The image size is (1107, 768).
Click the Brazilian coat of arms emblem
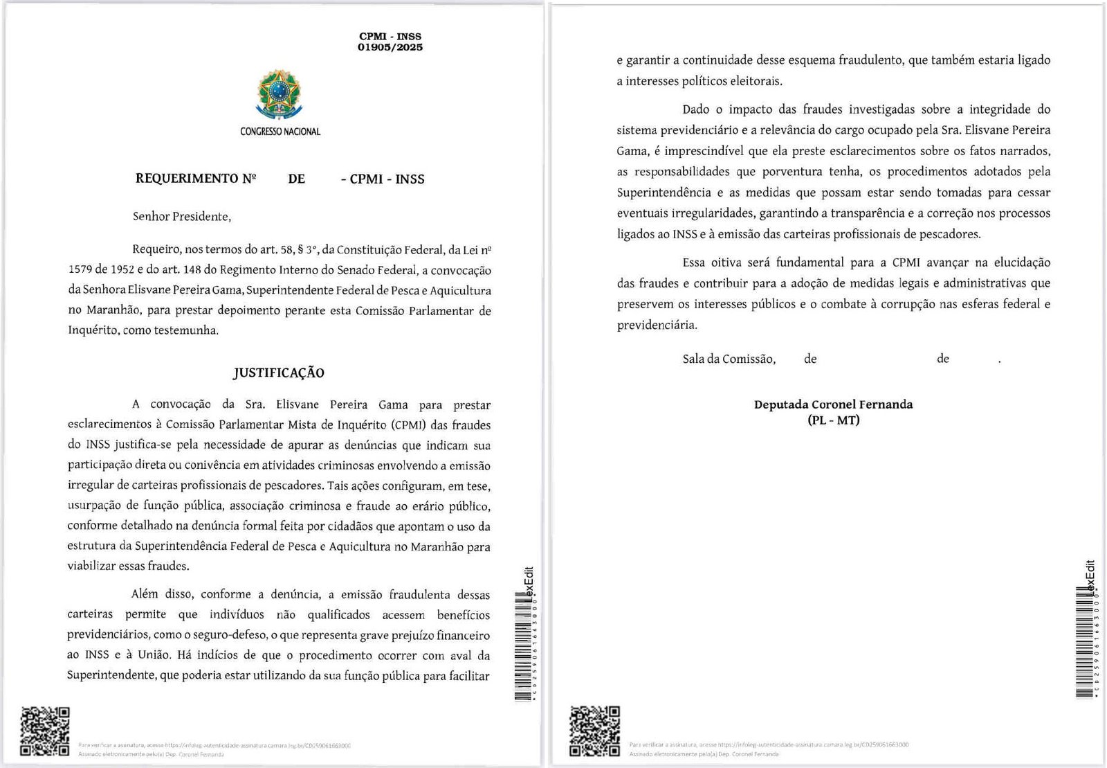(x=280, y=93)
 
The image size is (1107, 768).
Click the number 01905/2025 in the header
(x=390, y=48)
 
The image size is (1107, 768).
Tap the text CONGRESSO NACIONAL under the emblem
(x=280, y=132)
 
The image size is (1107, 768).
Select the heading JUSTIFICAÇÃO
(x=278, y=373)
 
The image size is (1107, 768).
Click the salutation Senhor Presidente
(x=181, y=217)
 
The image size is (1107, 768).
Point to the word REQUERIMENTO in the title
(x=187, y=179)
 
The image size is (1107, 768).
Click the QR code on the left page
(x=45, y=731)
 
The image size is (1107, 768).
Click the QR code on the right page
(x=594, y=731)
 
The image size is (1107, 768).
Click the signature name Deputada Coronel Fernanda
(x=833, y=404)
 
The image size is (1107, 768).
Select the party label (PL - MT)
(x=833, y=420)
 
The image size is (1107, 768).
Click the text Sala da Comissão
(x=729, y=359)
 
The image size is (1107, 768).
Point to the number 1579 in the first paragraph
(x=80, y=269)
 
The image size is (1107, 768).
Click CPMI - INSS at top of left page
(x=390, y=36)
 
